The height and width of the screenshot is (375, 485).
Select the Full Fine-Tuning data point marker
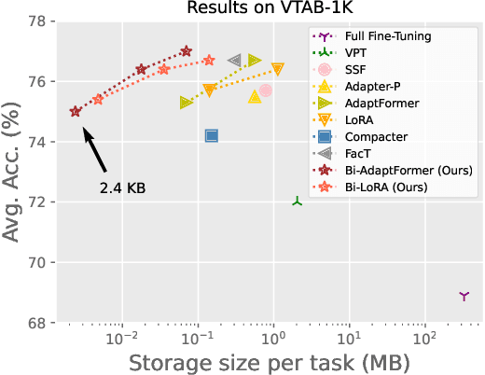point(464,296)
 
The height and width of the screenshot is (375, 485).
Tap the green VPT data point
point(297,201)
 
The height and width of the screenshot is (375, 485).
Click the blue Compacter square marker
point(212,135)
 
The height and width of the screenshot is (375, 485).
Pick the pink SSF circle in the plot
point(266,90)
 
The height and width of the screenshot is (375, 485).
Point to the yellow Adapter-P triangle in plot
point(255,96)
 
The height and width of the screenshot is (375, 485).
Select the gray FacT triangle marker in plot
point(235,60)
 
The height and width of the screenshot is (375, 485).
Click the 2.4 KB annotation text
point(123,187)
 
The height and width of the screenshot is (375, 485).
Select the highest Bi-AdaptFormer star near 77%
point(187,51)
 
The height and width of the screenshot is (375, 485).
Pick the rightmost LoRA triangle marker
point(278,68)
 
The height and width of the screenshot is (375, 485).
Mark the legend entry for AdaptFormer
point(380,104)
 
